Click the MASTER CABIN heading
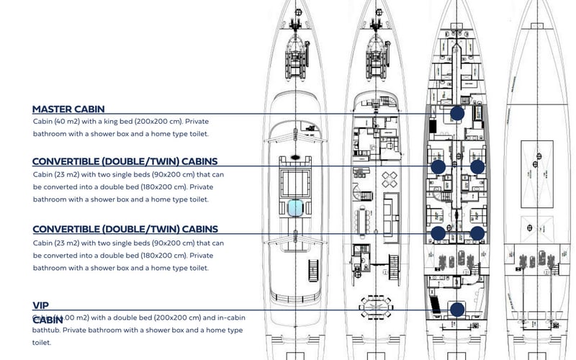[x=68, y=109]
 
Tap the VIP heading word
[x=40, y=305]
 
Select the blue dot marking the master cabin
[x=456, y=113]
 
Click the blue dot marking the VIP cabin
[x=456, y=310]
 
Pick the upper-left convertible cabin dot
[x=437, y=166]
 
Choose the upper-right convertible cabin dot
[x=477, y=166]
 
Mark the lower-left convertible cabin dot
[x=437, y=233]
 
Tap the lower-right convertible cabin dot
[x=477, y=233]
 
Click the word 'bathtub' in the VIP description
[x=48, y=330]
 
